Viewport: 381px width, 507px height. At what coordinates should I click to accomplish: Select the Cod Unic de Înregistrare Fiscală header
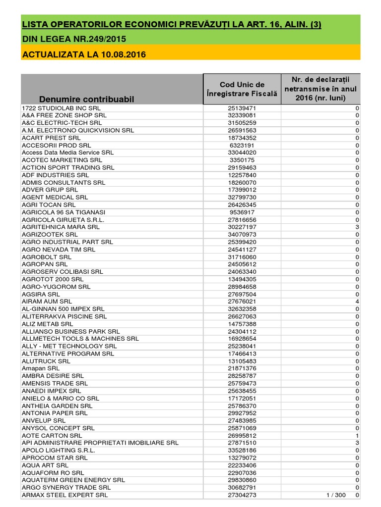(x=242, y=89)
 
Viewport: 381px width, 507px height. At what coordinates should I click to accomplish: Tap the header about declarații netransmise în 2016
(x=320, y=89)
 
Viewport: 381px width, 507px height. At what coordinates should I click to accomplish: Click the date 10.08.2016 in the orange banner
(x=123, y=54)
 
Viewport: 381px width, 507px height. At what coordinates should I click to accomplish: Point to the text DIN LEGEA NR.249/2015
(x=74, y=39)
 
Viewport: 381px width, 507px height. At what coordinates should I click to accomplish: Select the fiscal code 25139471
(x=242, y=108)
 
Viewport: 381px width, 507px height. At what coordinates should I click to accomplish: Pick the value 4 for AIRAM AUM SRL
(x=357, y=302)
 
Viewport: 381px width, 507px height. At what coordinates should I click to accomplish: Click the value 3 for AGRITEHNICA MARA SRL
(x=357, y=227)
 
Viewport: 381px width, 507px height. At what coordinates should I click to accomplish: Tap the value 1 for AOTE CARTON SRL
(x=357, y=436)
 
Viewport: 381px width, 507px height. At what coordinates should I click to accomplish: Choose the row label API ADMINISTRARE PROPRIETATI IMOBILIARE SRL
(x=100, y=443)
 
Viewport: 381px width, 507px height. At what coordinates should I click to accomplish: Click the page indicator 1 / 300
(x=336, y=495)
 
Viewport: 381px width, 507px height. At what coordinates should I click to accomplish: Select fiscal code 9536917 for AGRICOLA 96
(x=242, y=212)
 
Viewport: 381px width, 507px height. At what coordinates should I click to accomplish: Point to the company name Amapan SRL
(x=41, y=368)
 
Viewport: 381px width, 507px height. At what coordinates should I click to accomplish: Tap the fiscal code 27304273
(x=242, y=495)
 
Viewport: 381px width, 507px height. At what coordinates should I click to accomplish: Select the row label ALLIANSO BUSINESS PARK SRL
(x=70, y=331)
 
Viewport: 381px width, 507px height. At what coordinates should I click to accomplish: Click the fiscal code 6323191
(x=242, y=146)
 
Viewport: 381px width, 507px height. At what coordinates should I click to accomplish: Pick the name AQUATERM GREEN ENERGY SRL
(x=73, y=480)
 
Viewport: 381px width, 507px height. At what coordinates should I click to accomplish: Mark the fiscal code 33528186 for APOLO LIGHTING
(x=242, y=451)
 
